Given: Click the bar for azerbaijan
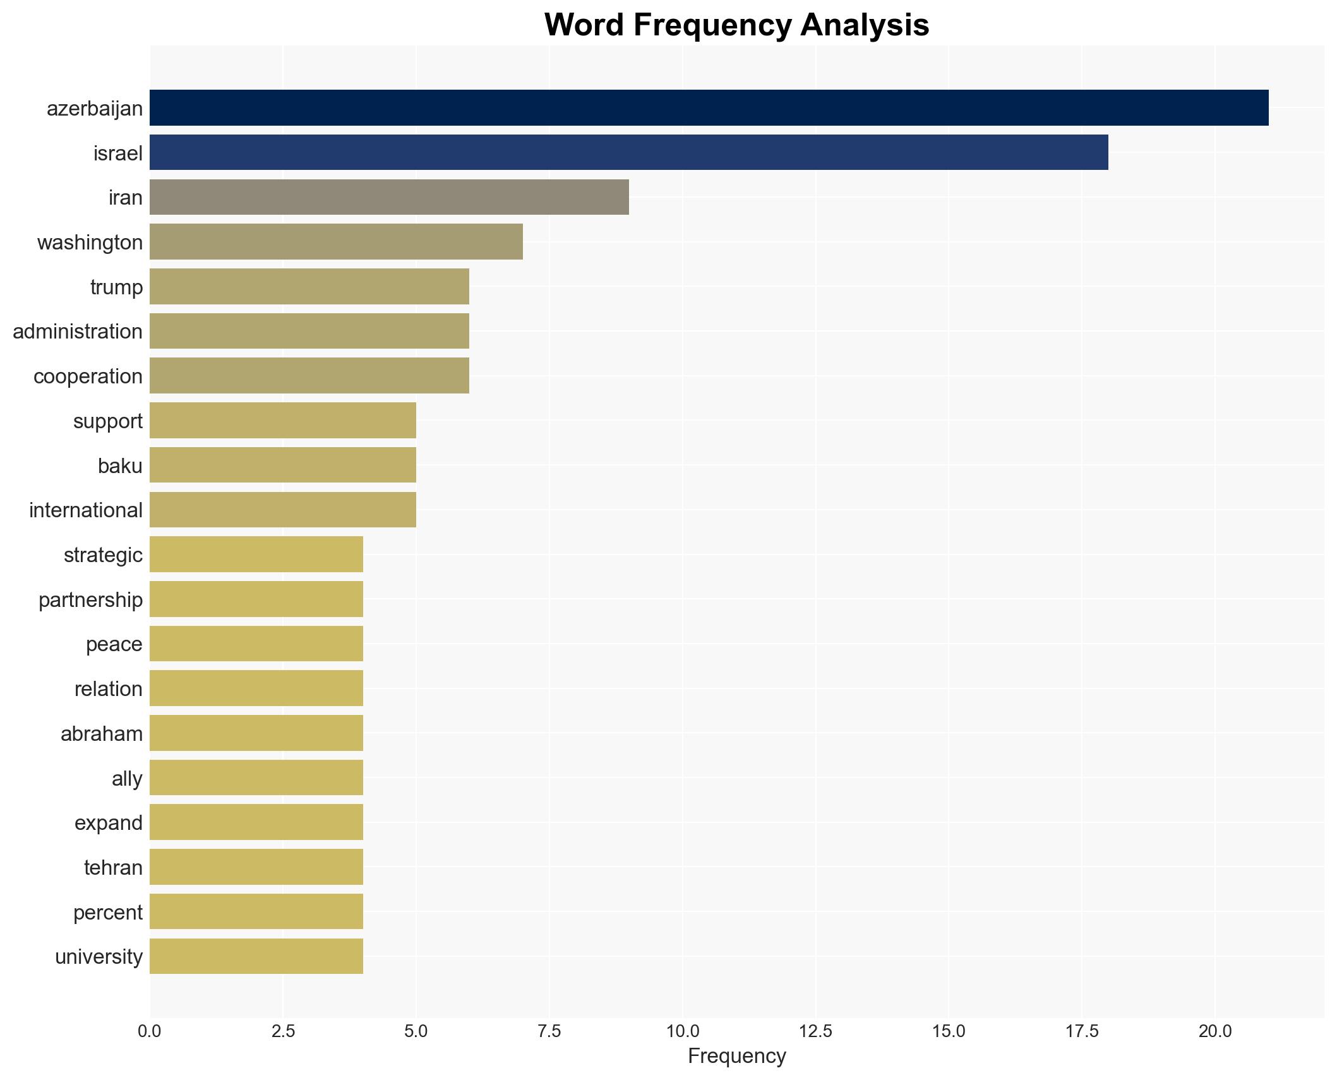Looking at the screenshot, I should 709,107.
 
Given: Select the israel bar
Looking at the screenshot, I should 628,152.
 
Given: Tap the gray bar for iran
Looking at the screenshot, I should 389,197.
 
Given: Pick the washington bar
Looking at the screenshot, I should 336,242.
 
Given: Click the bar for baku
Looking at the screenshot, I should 282,465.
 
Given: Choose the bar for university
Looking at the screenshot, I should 256,956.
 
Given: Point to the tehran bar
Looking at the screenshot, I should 256,867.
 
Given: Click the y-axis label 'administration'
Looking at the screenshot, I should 78,332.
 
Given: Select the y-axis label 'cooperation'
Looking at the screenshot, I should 88,376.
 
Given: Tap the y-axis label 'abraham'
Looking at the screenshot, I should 101,734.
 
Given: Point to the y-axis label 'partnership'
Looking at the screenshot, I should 90,600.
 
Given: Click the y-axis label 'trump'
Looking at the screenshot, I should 116,287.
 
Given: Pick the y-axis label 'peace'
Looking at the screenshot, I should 114,644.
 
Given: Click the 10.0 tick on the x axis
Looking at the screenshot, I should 682,1031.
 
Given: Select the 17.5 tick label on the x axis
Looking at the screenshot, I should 1082,1031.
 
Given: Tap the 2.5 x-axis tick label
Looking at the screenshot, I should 283,1031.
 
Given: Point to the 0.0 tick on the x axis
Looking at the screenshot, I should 150,1031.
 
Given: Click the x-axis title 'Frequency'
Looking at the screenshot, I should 736,1056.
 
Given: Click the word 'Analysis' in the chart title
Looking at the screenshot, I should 865,25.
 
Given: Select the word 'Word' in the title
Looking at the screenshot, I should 585,25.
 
